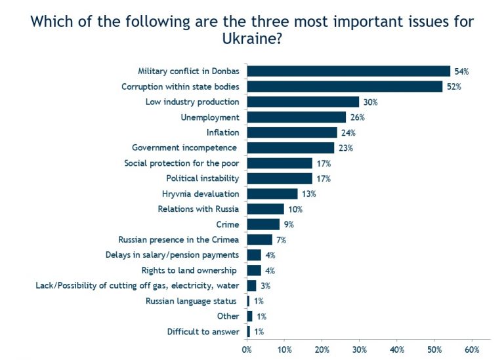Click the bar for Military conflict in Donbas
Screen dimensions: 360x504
348,71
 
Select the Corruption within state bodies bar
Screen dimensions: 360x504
344,87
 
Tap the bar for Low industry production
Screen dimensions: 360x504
303,102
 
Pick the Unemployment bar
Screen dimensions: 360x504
295,117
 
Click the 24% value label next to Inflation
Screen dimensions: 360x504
348,132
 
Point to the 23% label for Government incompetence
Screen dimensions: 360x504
346,148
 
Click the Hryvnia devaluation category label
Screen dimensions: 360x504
200,193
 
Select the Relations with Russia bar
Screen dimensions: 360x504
265,209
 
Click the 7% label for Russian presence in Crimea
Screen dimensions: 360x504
281,239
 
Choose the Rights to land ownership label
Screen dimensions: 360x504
190,270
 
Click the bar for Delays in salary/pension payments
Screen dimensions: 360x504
253,255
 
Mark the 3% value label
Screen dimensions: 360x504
265,286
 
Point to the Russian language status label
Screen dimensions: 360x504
192,301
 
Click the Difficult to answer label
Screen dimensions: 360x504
203,332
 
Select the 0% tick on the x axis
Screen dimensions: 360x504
247,350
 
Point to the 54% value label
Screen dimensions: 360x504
461,71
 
